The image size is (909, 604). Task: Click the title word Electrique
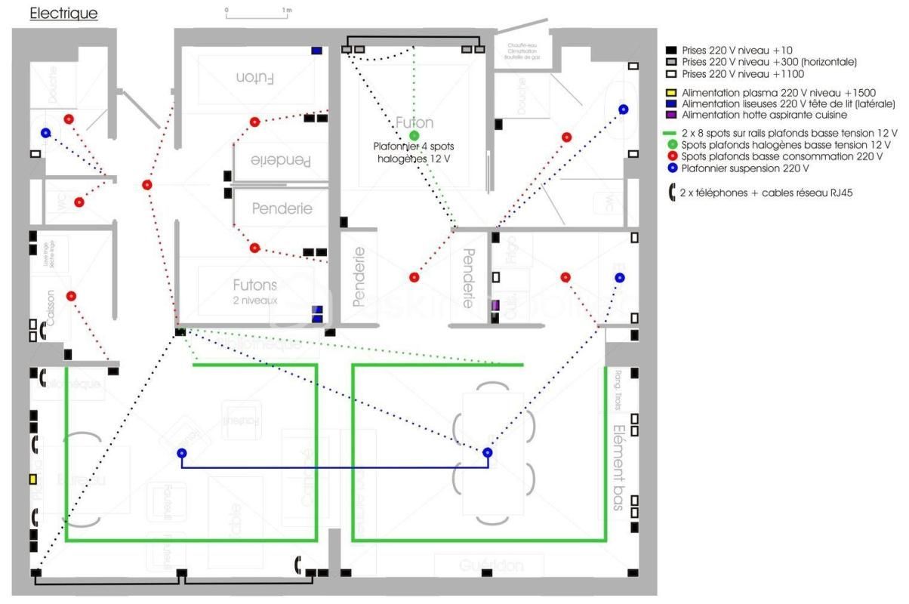(x=63, y=14)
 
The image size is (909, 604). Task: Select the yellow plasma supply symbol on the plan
(x=33, y=479)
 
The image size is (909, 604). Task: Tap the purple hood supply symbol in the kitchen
(x=495, y=304)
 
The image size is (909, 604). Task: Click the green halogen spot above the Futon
(x=414, y=136)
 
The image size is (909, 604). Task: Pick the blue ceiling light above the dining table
(x=488, y=452)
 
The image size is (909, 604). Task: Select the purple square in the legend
(x=671, y=115)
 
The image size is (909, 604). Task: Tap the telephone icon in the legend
(x=671, y=192)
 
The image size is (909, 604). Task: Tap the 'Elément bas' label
(x=618, y=469)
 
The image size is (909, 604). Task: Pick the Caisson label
(x=50, y=308)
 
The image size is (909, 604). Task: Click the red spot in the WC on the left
(x=79, y=202)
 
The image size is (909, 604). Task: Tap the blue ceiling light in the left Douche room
(x=46, y=133)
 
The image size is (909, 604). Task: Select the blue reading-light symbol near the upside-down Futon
(x=317, y=51)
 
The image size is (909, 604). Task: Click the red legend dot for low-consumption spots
(x=671, y=156)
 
